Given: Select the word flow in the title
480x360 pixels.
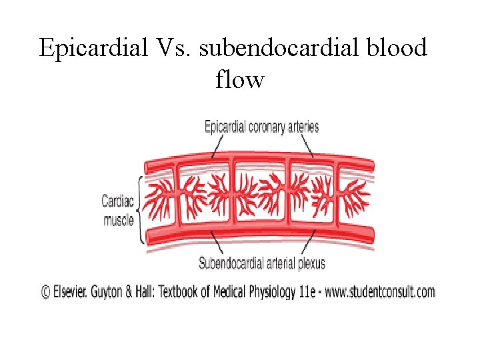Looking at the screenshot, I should point(240,81).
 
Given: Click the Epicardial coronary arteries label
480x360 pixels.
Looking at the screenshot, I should point(261,127).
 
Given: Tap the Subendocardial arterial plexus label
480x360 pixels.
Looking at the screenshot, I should point(262,263).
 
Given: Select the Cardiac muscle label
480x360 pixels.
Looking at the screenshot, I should point(118,209).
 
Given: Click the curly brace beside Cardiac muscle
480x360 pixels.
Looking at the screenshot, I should point(140,209).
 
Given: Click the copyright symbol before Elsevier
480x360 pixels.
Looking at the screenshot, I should point(46,291).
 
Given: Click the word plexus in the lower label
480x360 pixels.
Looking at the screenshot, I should point(310,263).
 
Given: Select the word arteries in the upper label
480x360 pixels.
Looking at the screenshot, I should point(303,127).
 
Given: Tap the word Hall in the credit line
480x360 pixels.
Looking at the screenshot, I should point(157,291).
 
